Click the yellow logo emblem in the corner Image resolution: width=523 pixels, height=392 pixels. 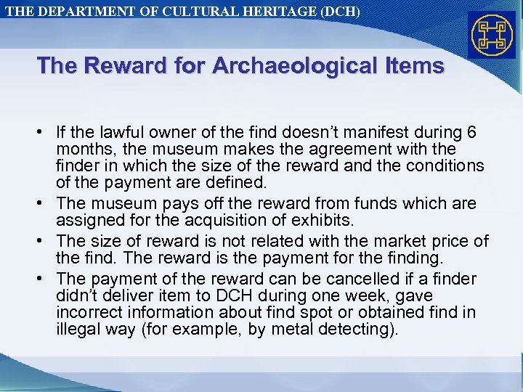tap(492, 36)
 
